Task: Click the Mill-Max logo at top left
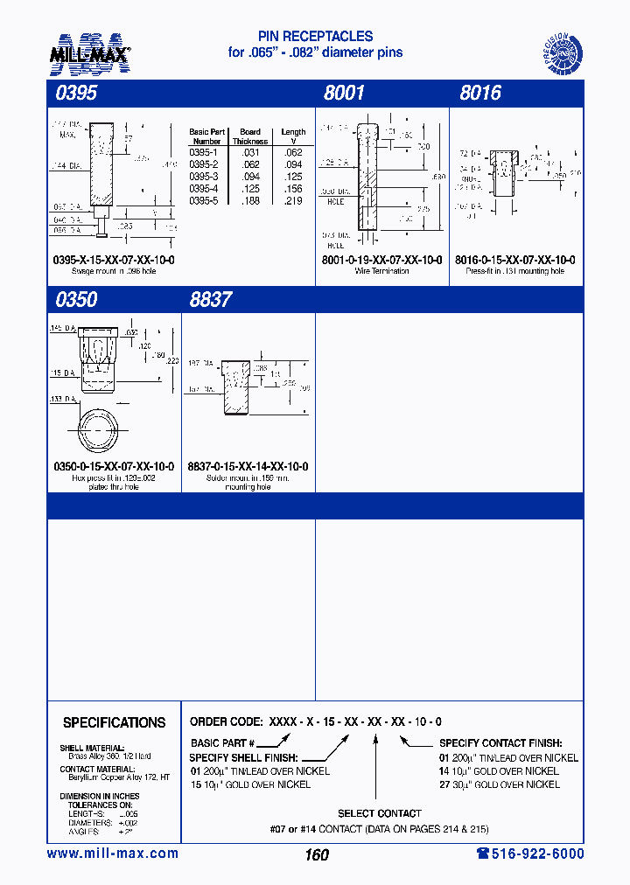89,52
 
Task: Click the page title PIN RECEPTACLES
315,37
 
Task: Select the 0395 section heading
75,94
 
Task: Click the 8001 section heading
344,94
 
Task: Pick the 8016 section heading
480,94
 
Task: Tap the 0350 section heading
75,299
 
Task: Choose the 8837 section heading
211,299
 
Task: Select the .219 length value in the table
293,200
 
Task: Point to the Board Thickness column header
250,136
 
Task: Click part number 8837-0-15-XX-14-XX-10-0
248,467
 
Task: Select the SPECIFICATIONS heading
114,722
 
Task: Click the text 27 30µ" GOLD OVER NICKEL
499,784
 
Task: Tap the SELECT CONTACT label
380,813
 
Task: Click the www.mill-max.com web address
112,854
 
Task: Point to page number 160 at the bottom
317,855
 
